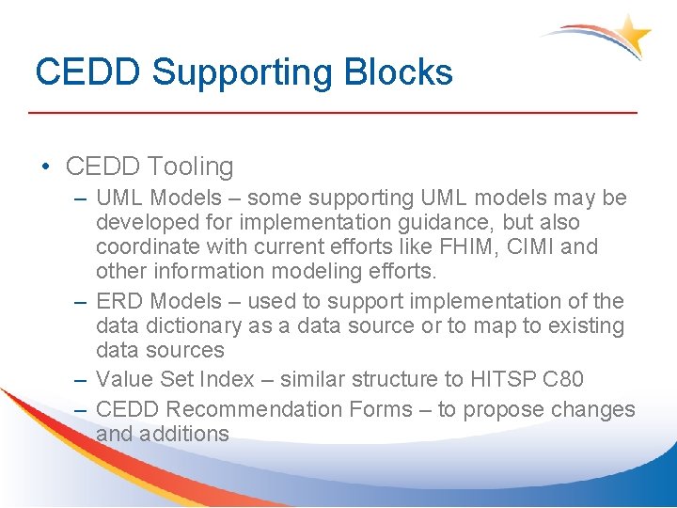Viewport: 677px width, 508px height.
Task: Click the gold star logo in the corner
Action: point(632,35)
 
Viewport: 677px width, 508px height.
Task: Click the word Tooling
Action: point(191,167)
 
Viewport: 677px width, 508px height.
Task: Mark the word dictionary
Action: point(188,326)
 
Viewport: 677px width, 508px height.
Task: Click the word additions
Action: point(185,434)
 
